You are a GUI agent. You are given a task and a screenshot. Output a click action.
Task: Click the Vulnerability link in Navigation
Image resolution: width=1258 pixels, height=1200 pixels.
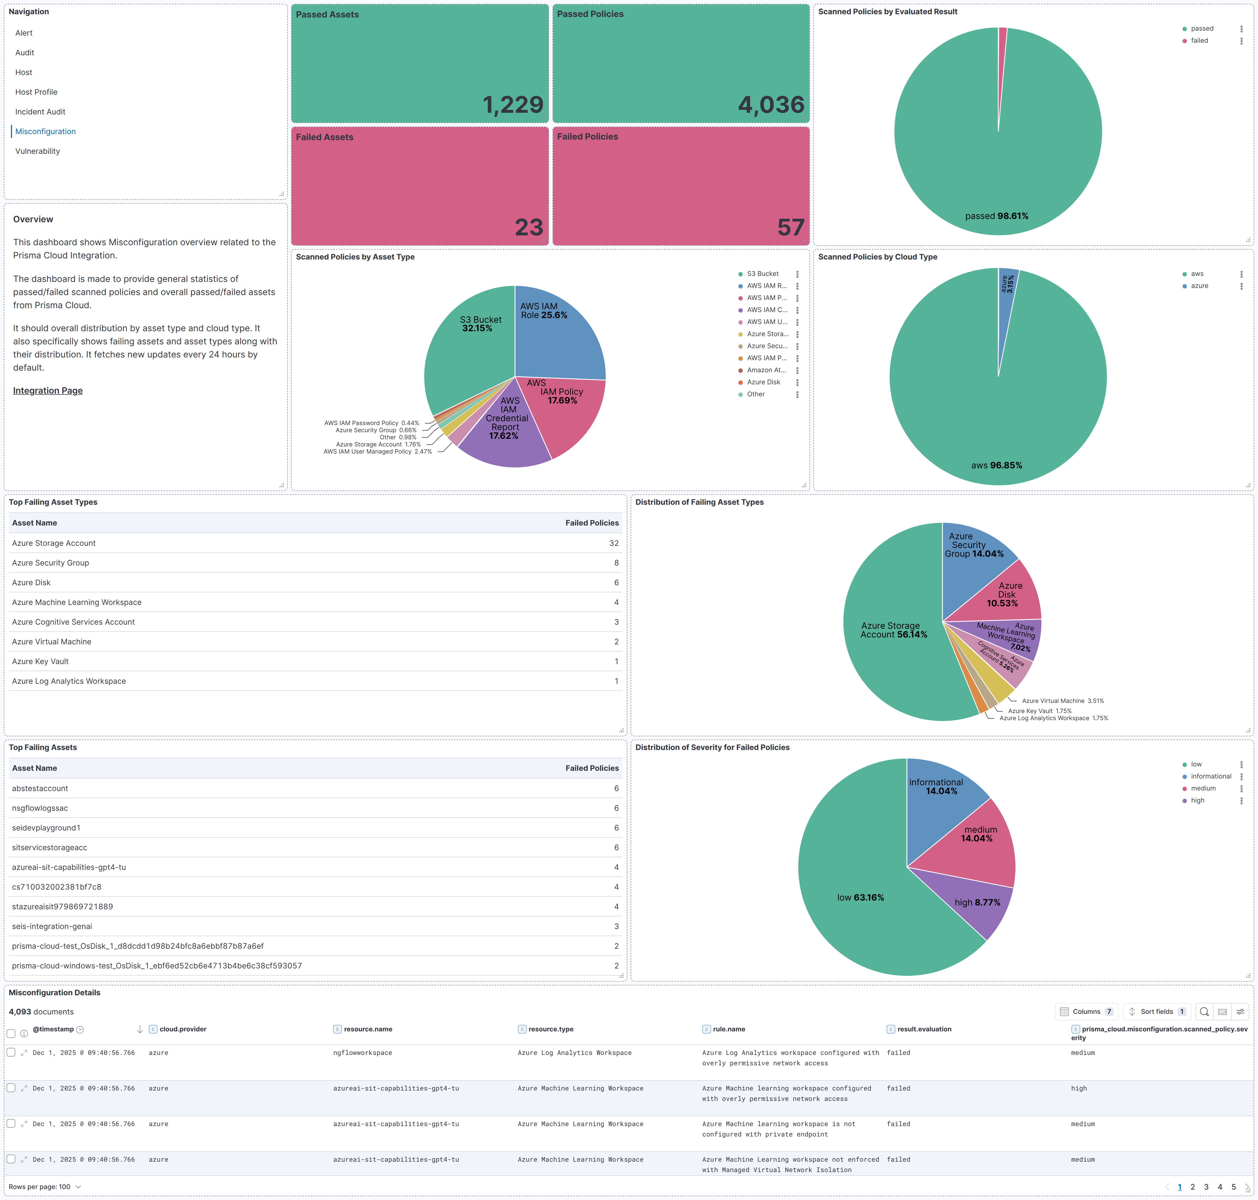38,151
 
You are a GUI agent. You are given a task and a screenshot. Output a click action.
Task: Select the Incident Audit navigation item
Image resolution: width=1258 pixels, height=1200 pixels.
40,112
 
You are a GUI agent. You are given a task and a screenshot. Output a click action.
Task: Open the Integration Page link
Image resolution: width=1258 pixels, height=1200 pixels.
48,391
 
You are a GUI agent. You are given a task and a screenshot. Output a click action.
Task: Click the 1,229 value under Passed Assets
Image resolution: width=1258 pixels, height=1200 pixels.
513,105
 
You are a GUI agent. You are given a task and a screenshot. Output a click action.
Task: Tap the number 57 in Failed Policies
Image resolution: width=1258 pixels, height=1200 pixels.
791,228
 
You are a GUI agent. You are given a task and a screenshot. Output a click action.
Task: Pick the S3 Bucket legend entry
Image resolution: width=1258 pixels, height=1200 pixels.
763,274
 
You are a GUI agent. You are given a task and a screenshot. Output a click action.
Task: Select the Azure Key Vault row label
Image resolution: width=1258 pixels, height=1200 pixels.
40,661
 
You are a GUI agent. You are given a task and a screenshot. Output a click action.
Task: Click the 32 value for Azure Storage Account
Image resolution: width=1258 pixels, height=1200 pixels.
614,543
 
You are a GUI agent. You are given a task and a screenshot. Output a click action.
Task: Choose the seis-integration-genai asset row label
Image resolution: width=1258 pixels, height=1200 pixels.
52,926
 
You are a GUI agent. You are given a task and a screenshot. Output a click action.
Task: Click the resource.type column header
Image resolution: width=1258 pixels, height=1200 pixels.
551,1029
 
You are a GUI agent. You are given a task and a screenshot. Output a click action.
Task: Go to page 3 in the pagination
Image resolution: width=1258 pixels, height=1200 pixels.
1206,1187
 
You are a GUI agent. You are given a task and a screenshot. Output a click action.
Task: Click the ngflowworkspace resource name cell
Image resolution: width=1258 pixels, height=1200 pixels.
362,1053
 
